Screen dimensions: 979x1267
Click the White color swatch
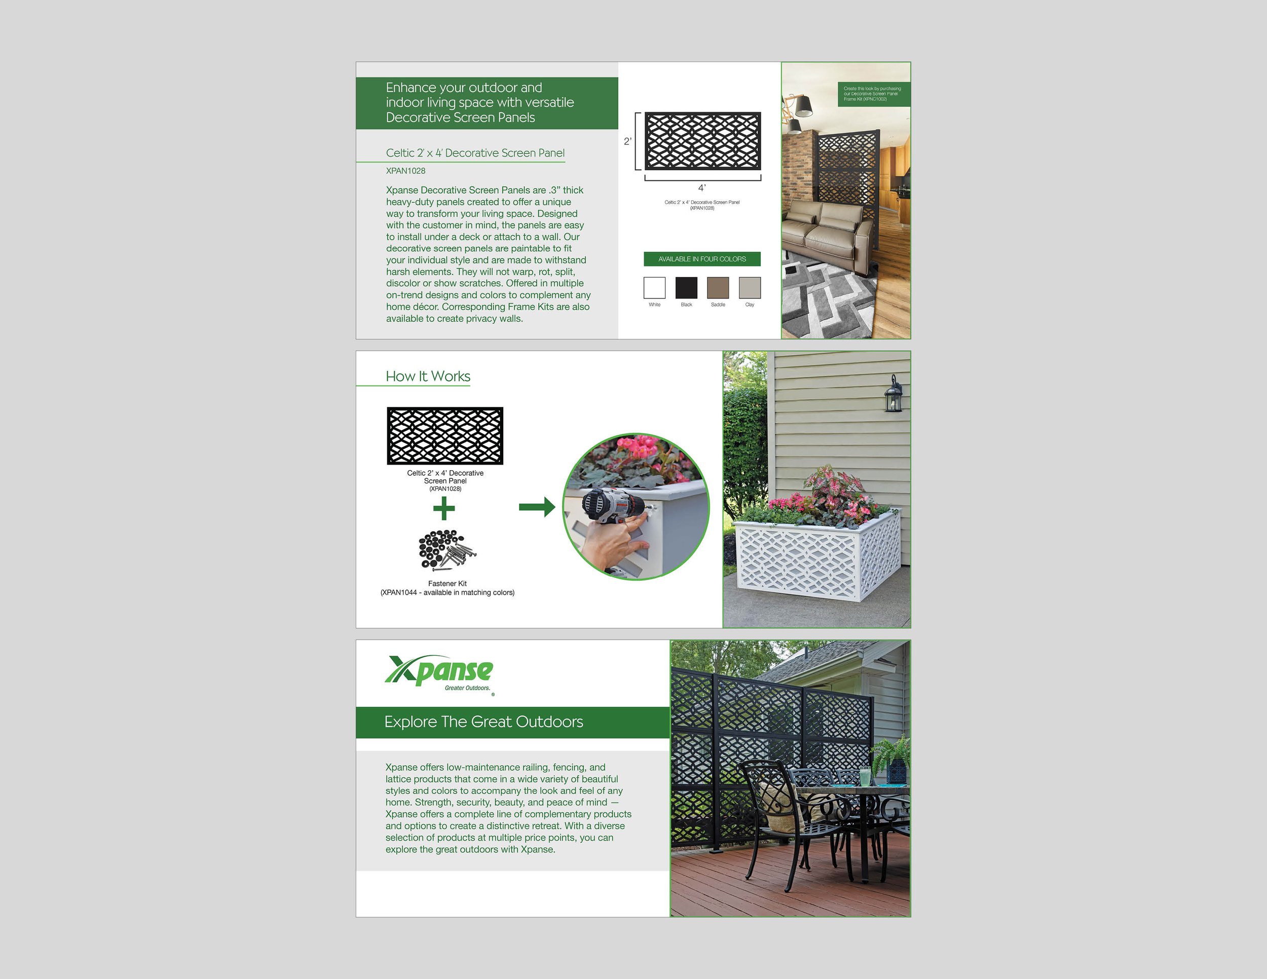[654, 288]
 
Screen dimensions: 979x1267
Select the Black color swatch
[686, 288]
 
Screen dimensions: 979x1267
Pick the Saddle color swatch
[718, 288]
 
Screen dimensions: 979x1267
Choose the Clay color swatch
[750, 288]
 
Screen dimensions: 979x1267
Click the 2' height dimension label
[627, 141]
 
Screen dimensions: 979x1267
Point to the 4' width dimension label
[701, 188]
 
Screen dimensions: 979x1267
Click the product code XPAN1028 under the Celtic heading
[405, 170]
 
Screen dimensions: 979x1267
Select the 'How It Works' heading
[428, 376]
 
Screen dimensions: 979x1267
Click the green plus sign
[444, 509]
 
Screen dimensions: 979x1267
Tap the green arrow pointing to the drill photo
[537, 507]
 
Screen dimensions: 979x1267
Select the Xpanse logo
[439, 673]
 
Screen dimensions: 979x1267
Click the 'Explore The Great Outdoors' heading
[483, 722]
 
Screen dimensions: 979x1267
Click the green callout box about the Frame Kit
[873, 94]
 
